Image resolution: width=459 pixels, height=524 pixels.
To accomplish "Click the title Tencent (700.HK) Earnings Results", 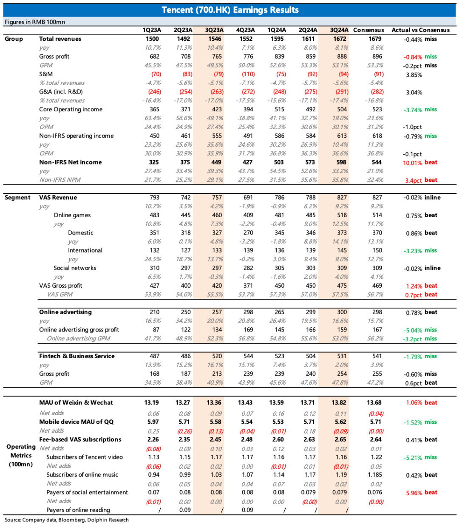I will click(x=230, y=10).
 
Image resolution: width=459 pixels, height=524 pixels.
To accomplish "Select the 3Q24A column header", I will click(x=339, y=30).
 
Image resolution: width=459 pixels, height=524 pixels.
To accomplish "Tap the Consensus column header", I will click(x=368, y=30).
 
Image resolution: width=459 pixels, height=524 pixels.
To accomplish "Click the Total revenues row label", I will click(x=60, y=39).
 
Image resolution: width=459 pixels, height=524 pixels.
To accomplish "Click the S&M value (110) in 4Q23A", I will click(x=248, y=74).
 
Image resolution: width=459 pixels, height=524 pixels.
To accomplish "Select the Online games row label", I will click(x=72, y=215).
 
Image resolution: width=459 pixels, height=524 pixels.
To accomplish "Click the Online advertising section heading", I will click(x=65, y=312).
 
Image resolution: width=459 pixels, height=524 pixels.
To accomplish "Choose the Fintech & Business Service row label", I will click(x=76, y=356).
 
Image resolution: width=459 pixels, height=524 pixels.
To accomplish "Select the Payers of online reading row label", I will click(x=78, y=510).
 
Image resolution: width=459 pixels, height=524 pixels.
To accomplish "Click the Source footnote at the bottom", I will click(x=67, y=520).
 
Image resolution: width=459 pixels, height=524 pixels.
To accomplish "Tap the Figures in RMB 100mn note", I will click(x=35, y=22).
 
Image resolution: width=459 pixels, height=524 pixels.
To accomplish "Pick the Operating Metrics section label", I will click(x=21, y=455).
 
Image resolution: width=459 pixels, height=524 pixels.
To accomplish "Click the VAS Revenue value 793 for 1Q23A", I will click(x=154, y=198).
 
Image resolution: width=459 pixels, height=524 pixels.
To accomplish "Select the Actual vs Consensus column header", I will click(x=420, y=30).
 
